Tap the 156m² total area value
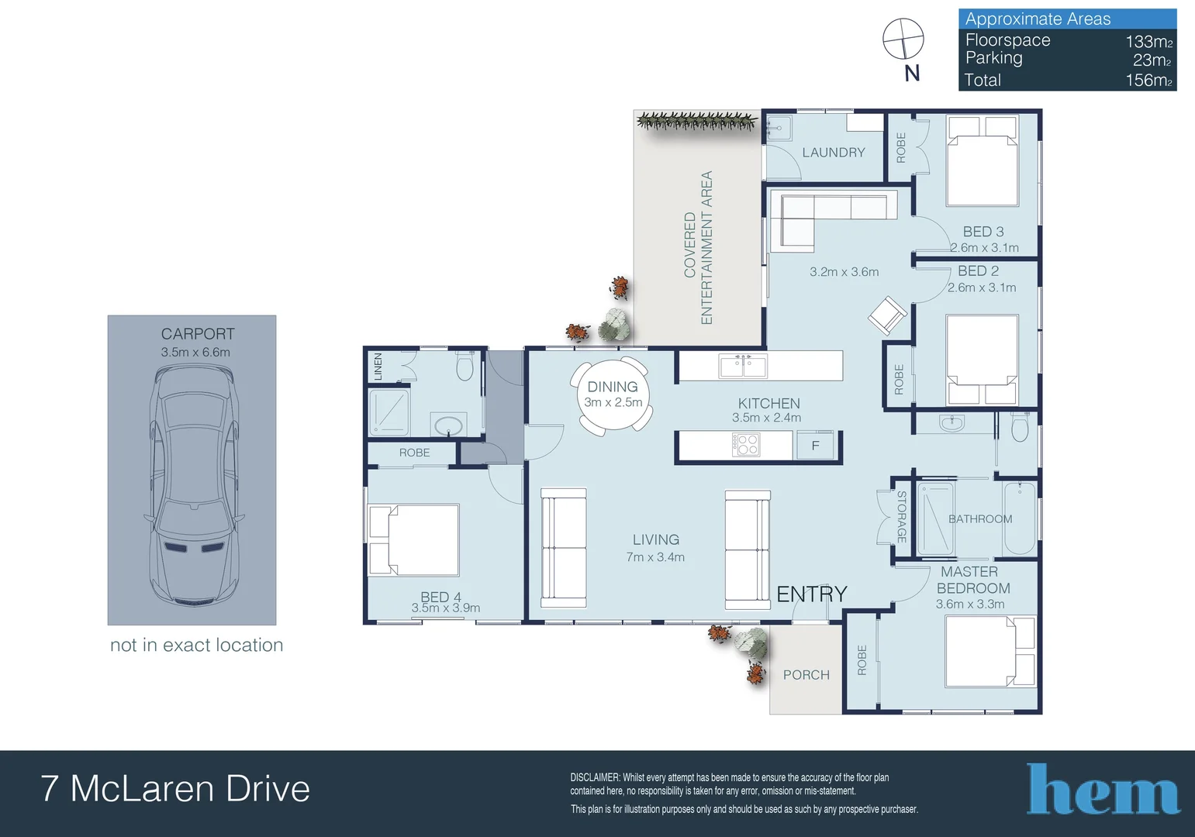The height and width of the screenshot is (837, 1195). tap(1148, 80)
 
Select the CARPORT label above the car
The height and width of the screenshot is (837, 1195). tap(198, 334)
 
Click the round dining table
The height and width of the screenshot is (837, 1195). tap(613, 396)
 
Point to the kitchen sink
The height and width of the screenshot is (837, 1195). tap(743, 366)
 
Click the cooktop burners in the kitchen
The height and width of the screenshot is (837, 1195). tap(746, 445)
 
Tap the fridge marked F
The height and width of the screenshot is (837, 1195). tap(815, 445)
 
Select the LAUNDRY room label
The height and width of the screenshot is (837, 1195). tap(834, 153)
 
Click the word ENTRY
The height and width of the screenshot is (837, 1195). tap(811, 594)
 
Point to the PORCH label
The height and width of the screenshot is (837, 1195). tap(806, 675)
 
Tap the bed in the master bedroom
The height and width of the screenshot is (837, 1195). tap(990, 651)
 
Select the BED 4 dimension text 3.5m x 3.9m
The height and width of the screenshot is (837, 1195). tap(445, 608)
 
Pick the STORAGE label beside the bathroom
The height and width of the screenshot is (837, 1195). tap(902, 517)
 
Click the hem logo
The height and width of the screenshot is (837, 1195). tap(1103, 789)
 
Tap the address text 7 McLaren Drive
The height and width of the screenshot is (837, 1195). tap(175, 788)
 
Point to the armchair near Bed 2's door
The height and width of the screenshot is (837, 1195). tap(887, 315)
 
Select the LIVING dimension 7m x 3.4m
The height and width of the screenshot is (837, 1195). tap(655, 557)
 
